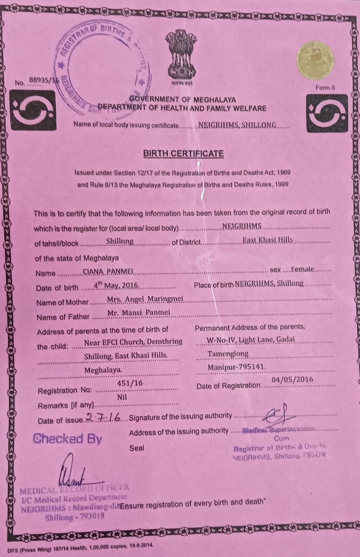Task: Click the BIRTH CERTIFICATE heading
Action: [184, 153]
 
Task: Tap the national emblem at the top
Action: [181, 55]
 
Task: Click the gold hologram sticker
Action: [315, 60]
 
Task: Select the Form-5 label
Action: [326, 87]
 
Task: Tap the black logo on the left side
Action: [33, 110]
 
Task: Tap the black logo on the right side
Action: [327, 113]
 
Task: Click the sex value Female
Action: [304, 269]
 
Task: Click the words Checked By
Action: [67, 439]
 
